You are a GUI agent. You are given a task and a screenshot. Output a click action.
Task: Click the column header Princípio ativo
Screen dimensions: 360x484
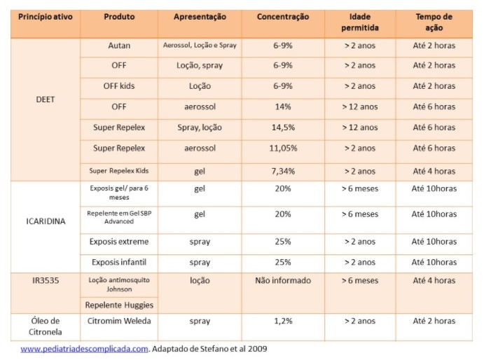(44, 16)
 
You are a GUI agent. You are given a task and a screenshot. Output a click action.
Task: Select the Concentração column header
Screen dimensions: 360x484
(282, 16)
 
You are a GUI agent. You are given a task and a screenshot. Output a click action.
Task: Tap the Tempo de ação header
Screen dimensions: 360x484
(434, 22)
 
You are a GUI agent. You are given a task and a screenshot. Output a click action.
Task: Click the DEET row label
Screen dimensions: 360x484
(45, 99)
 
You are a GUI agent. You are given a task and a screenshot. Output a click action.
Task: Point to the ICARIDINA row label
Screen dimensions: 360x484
(45, 221)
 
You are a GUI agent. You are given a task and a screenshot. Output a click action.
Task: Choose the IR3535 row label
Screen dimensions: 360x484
(45, 280)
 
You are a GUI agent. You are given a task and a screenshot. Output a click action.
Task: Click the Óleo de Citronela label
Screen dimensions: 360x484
(45, 326)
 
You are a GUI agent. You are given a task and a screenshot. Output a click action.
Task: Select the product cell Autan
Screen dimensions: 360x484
(119, 46)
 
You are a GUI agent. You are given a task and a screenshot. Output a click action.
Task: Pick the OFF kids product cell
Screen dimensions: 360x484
(119, 86)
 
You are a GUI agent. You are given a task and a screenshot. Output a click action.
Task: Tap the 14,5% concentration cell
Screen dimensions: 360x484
(282, 127)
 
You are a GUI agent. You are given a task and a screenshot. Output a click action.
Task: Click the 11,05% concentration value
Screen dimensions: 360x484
(282, 148)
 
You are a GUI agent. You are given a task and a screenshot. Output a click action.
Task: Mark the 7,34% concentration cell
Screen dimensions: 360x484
(282, 171)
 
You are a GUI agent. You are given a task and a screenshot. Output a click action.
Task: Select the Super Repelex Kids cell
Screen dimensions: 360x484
(119, 171)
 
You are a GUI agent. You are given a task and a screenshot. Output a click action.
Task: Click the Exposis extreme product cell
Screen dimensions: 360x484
(119, 242)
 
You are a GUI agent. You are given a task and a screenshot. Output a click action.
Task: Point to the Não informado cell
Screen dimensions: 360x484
(282, 280)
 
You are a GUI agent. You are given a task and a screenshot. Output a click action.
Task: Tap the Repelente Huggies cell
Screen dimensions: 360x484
(119, 305)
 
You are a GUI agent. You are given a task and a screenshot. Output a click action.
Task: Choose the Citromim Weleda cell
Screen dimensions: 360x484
(119, 321)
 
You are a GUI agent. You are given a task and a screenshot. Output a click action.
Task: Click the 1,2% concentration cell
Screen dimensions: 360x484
(282, 321)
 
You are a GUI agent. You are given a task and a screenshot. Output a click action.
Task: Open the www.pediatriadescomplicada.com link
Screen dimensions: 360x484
(84, 348)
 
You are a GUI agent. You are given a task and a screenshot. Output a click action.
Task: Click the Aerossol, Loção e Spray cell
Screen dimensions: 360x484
(200, 46)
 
